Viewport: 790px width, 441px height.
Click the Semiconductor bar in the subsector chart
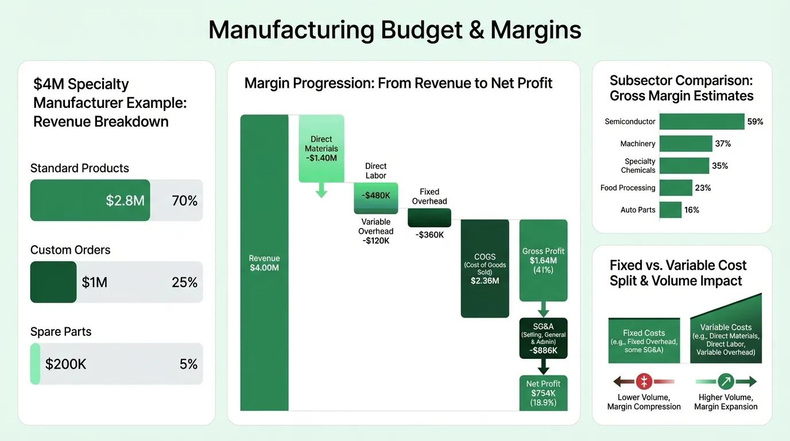(702, 122)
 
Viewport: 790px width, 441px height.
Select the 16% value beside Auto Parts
(692, 210)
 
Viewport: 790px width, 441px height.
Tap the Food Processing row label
(628, 188)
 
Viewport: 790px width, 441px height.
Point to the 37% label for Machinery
(723, 144)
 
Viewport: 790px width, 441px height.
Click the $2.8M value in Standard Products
(125, 200)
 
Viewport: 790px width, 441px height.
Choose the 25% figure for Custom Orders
(184, 282)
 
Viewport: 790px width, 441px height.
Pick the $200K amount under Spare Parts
(65, 364)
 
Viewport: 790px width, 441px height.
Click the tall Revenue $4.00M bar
(264, 262)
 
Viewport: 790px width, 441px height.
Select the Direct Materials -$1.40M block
(321, 148)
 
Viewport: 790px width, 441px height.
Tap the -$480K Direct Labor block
(375, 195)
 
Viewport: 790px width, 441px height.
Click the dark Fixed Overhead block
(429, 218)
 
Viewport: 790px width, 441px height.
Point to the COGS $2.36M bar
(485, 268)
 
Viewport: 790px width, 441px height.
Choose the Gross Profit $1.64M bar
(543, 260)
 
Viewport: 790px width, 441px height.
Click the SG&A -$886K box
(543, 338)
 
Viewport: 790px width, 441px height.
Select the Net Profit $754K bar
(543, 393)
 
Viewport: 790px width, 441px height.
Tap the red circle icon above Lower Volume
(644, 381)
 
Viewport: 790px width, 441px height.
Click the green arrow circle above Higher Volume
(726, 381)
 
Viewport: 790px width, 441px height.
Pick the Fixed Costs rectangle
(644, 341)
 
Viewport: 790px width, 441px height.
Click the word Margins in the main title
(536, 30)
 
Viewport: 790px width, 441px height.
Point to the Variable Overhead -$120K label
(376, 231)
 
